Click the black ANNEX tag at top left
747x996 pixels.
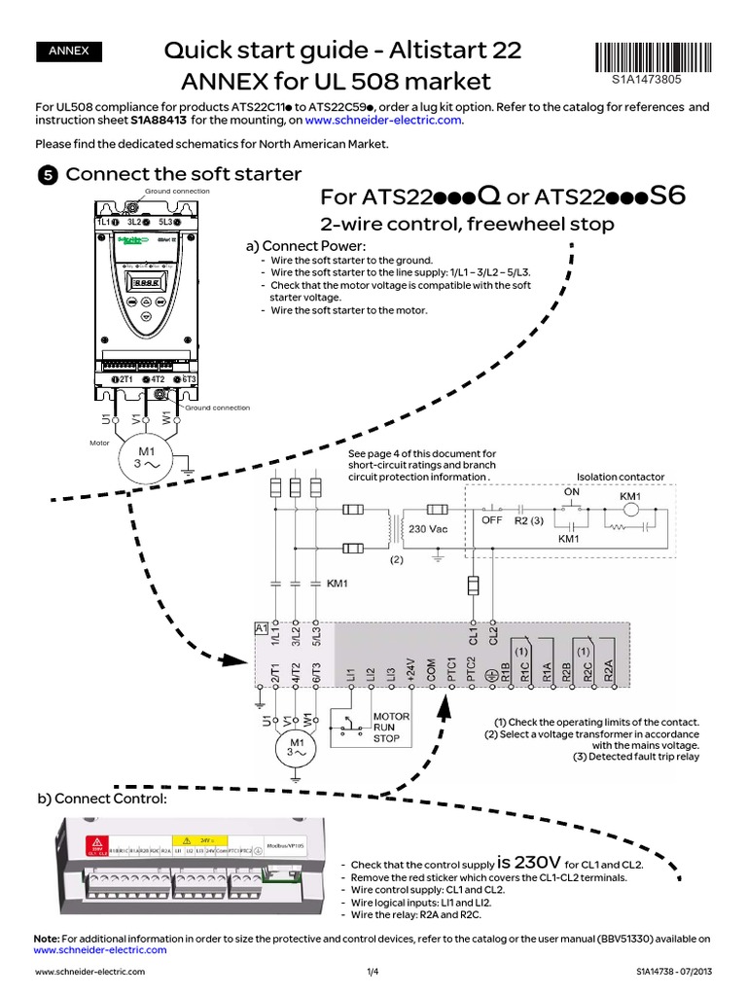(68, 52)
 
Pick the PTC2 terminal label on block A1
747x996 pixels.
(471, 669)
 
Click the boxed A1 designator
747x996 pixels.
(261, 629)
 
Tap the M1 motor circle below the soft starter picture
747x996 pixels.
(145, 456)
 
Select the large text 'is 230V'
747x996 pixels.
(528, 862)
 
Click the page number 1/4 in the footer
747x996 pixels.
(373, 972)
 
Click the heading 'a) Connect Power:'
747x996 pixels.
(304, 246)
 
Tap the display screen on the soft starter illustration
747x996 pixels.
(146, 283)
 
